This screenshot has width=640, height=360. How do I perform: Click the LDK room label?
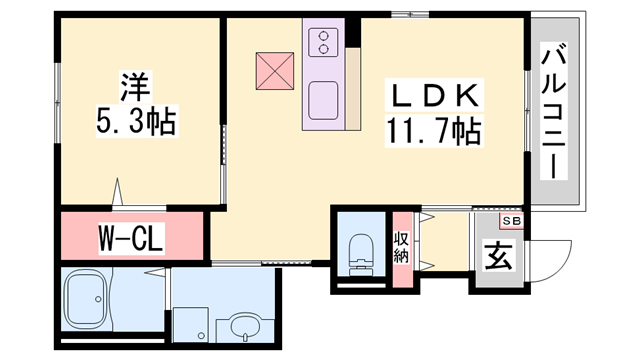point(434,96)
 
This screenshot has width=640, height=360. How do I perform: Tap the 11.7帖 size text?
point(434,131)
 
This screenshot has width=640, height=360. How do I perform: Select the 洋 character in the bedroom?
point(136,86)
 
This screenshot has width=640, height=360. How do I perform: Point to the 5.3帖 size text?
point(137,121)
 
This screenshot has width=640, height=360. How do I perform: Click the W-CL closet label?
point(131,238)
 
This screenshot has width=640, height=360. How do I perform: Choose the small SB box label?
point(511,221)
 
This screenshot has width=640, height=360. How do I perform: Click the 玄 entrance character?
point(498,256)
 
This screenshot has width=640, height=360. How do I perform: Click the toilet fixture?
point(362,255)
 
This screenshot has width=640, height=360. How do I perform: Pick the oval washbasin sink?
point(245,327)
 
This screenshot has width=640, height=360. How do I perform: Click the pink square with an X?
point(275,71)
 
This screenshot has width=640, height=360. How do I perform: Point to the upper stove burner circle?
point(324,36)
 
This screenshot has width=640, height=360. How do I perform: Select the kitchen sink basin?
point(323,100)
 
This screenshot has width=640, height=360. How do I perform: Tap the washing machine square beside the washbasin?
point(191,324)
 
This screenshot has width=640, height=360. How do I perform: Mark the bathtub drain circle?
point(98,299)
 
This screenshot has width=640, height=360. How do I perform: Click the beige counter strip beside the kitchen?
point(353,89)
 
